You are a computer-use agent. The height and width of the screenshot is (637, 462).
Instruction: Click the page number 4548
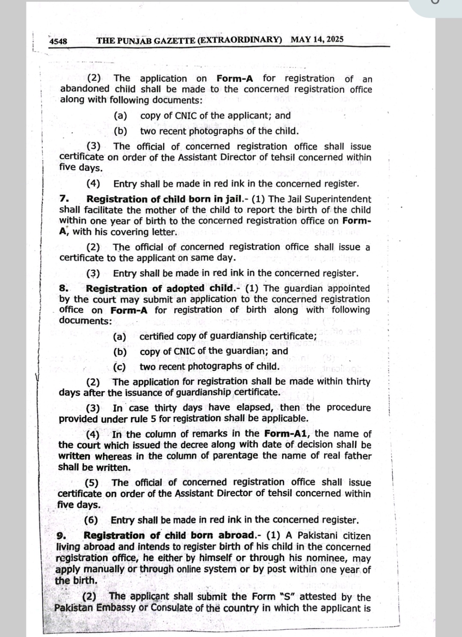click(58, 41)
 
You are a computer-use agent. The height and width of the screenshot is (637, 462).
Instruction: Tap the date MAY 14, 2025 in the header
click(317, 40)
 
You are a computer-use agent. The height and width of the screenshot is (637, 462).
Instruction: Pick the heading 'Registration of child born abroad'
click(169, 536)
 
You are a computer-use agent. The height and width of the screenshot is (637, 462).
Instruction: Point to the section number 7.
click(64, 199)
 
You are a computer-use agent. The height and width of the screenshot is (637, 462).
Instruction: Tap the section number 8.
click(63, 289)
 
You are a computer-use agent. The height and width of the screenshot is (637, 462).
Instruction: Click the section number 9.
click(60, 536)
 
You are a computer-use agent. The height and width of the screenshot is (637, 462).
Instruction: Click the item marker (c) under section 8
click(120, 367)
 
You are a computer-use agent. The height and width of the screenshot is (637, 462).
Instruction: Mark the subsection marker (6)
click(91, 520)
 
